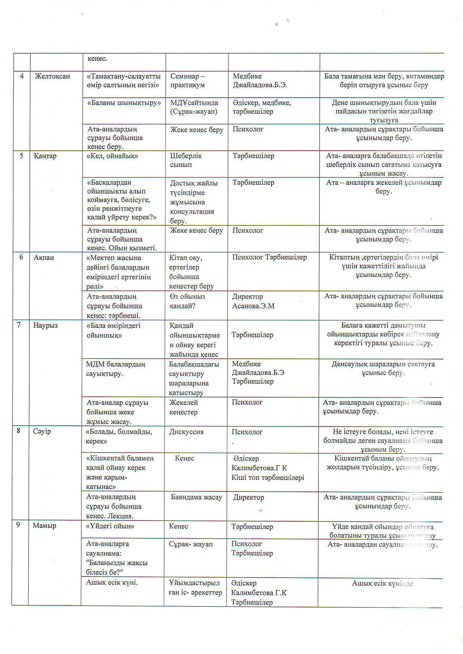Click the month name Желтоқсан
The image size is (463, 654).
pyautogui.click(x=52, y=76)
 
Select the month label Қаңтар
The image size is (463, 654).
pyautogui.click(x=45, y=156)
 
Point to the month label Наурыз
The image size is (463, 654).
pyautogui.click(x=45, y=326)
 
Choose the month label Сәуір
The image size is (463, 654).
pyautogui.click(x=41, y=431)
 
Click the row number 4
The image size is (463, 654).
pyautogui.click(x=22, y=76)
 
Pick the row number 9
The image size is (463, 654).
pyautogui.click(x=18, y=525)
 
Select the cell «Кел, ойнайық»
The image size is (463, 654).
pyautogui.click(x=112, y=156)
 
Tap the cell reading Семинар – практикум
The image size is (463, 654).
pyautogui.click(x=187, y=81)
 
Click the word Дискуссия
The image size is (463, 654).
pyautogui.click(x=186, y=432)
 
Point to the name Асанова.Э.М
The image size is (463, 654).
pyautogui.click(x=253, y=306)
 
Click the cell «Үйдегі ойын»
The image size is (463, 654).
pyautogui.click(x=110, y=526)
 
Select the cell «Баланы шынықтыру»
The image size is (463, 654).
pyautogui.click(x=124, y=103)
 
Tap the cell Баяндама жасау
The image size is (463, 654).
pyautogui.click(x=196, y=497)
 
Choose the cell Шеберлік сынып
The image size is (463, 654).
pyautogui.click(x=186, y=160)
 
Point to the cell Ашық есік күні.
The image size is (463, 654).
pyautogui.click(x=112, y=583)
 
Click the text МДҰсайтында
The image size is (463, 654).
pyautogui.click(x=194, y=103)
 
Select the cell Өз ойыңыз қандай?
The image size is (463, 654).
pyautogui.click(x=187, y=301)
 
